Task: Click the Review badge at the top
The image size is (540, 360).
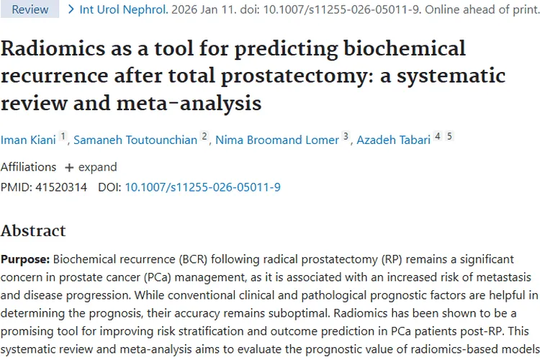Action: tap(30, 9)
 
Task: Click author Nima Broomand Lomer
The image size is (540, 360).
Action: tap(276, 139)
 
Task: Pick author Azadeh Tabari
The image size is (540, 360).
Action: tap(393, 139)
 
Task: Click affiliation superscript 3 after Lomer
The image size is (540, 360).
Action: tap(346, 136)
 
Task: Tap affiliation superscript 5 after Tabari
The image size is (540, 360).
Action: tap(449, 136)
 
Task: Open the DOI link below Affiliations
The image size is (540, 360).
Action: tap(202, 187)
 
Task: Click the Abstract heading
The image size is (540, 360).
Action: tap(33, 231)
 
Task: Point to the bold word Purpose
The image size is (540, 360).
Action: tap(25, 258)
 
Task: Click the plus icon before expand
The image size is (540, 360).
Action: tap(69, 167)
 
